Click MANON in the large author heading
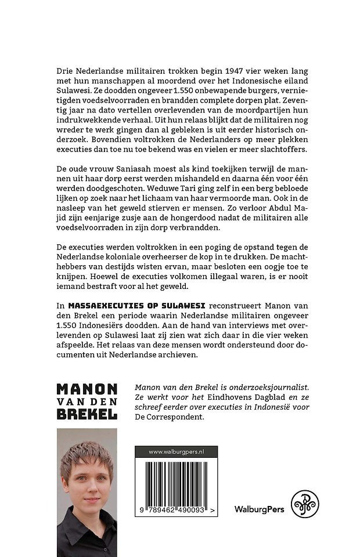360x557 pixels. click(87, 389)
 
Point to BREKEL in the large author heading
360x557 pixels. click(87, 414)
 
